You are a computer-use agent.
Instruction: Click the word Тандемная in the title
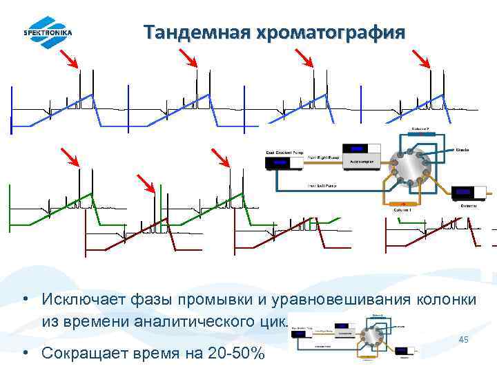pyautogui.click(x=190, y=32)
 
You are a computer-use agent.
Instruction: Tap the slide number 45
pyautogui.click(x=464, y=340)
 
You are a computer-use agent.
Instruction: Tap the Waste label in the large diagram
pyautogui.click(x=463, y=150)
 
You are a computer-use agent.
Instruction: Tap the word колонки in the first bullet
pyautogui.click(x=445, y=299)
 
